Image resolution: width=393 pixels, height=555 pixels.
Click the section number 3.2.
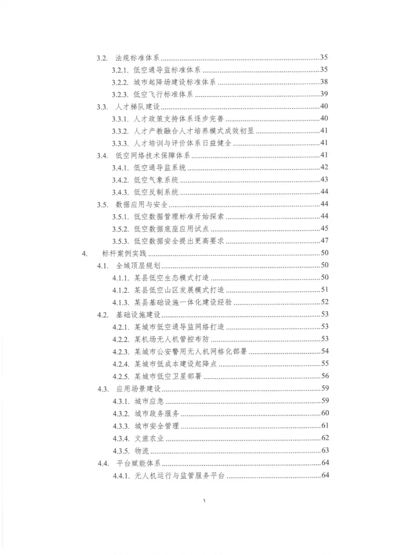point(102,58)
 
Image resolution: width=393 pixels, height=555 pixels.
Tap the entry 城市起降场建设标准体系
point(175,82)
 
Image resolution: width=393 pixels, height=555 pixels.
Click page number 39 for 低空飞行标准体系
point(324,94)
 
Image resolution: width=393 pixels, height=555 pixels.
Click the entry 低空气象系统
point(156,180)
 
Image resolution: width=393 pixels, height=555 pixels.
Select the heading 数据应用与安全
point(142,205)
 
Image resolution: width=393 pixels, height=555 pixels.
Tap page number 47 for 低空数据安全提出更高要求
point(324,240)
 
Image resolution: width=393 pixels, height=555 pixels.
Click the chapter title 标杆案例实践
point(124,253)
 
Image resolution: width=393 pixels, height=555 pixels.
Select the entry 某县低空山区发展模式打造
point(179,290)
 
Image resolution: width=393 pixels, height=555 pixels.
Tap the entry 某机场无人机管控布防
point(172,339)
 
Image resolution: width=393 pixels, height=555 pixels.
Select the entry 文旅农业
point(149,438)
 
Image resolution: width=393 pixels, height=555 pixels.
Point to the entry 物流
point(142,451)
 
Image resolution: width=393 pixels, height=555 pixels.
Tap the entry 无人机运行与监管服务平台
point(179,476)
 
